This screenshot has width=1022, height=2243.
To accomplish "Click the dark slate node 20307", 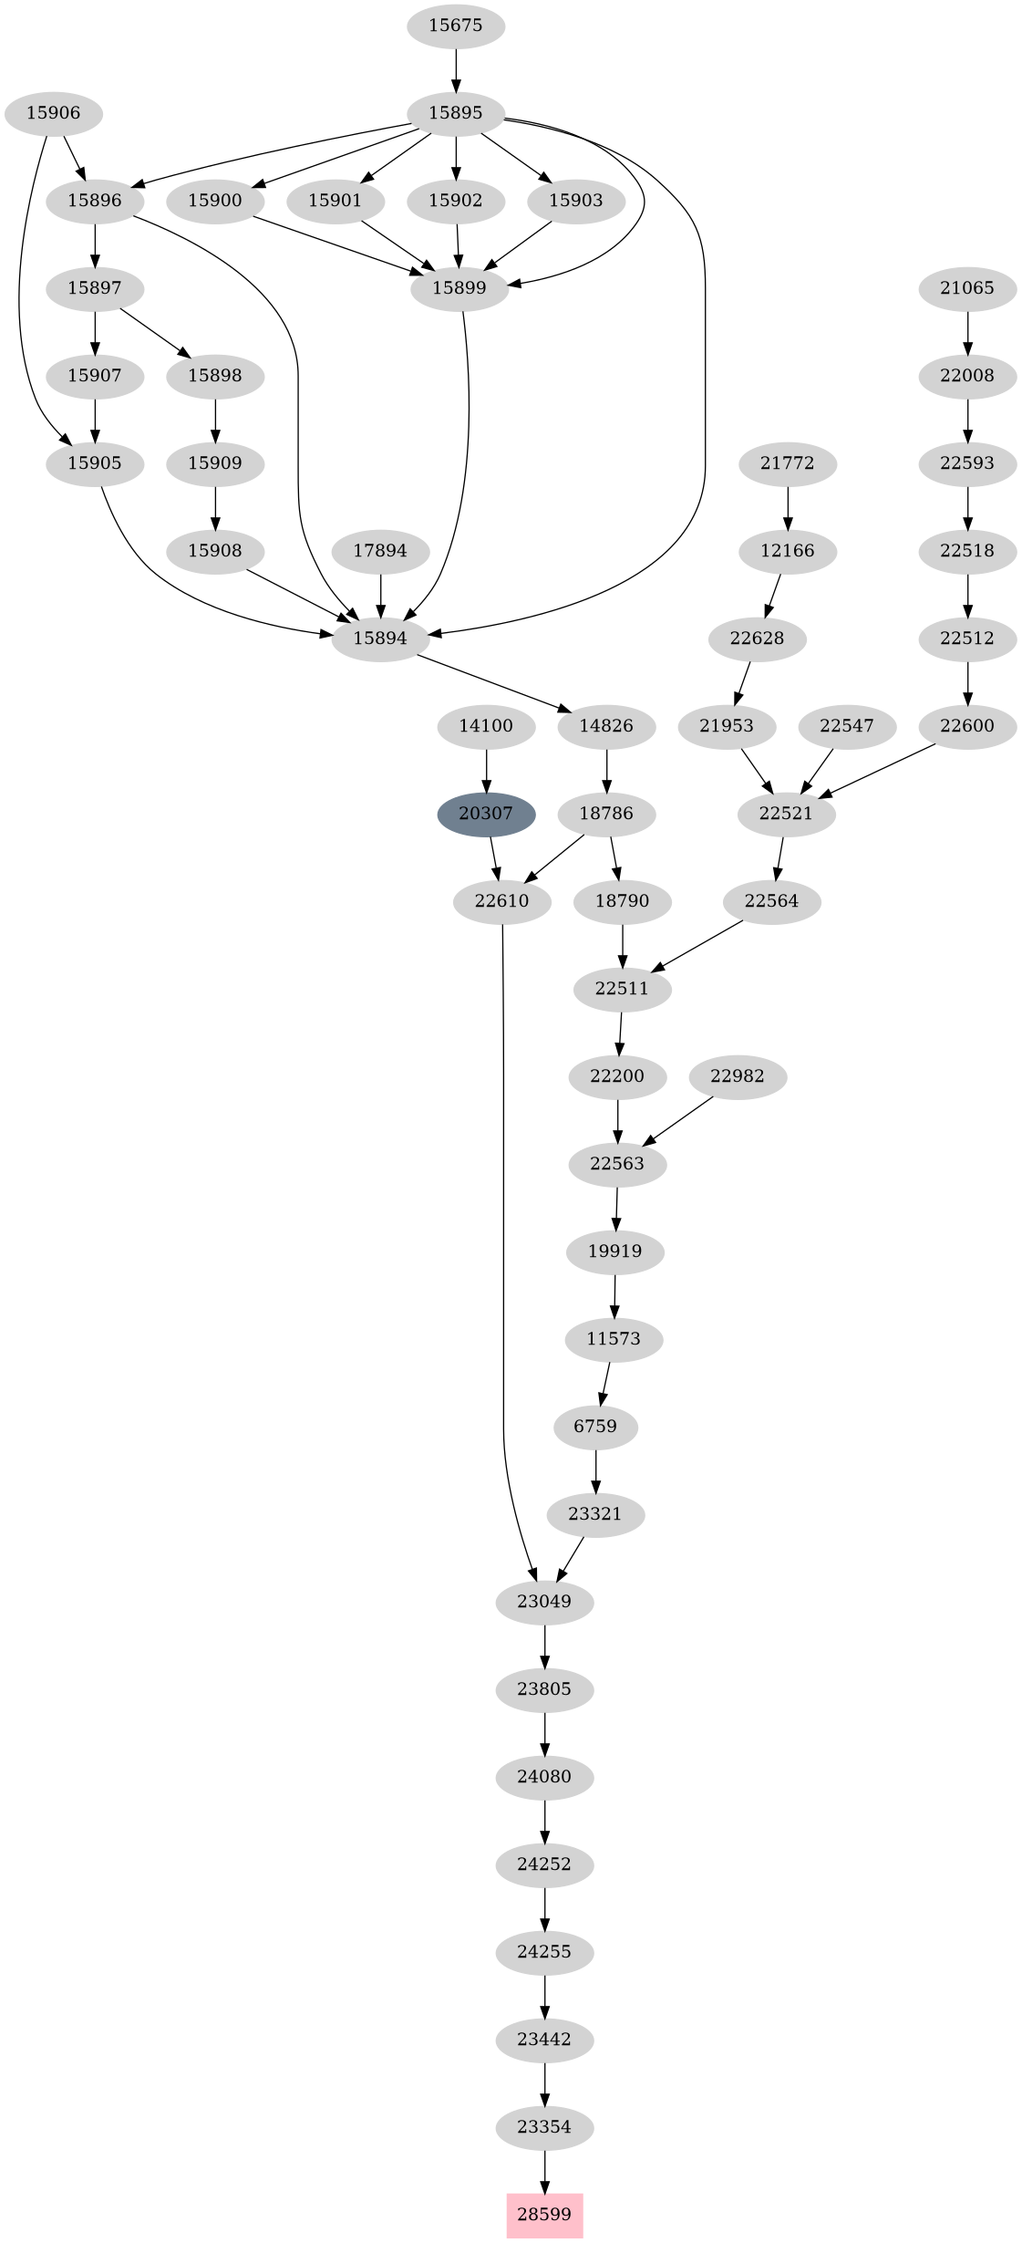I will click(x=486, y=814).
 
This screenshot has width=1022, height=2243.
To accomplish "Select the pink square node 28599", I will click(x=544, y=2215).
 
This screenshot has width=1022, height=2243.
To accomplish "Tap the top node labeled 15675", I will click(x=455, y=26).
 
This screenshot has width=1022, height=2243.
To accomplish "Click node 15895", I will click(x=455, y=113).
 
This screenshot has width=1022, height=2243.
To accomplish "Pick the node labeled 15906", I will click(x=53, y=113).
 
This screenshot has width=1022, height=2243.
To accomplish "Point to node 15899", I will click(x=459, y=288).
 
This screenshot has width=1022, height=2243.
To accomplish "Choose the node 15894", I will click(x=380, y=639).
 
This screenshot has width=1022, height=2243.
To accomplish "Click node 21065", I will click(x=967, y=288).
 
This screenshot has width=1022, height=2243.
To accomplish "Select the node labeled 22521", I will click(x=786, y=814).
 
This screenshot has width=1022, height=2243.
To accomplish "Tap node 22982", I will click(x=738, y=1076).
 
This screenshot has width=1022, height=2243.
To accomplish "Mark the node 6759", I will click(x=595, y=1427).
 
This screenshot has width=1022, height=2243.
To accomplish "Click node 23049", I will click(x=544, y=1602).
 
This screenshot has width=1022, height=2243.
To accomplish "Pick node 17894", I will click(x=380, y=551).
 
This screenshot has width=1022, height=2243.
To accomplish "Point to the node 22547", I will click(x=846, y=726).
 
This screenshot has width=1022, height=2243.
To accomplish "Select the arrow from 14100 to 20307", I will click(x=486, y=770).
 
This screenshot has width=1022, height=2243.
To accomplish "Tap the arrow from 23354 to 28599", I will click(x=544, y=2171).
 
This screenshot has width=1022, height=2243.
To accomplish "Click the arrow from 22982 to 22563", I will click(x=679, y=1120).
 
